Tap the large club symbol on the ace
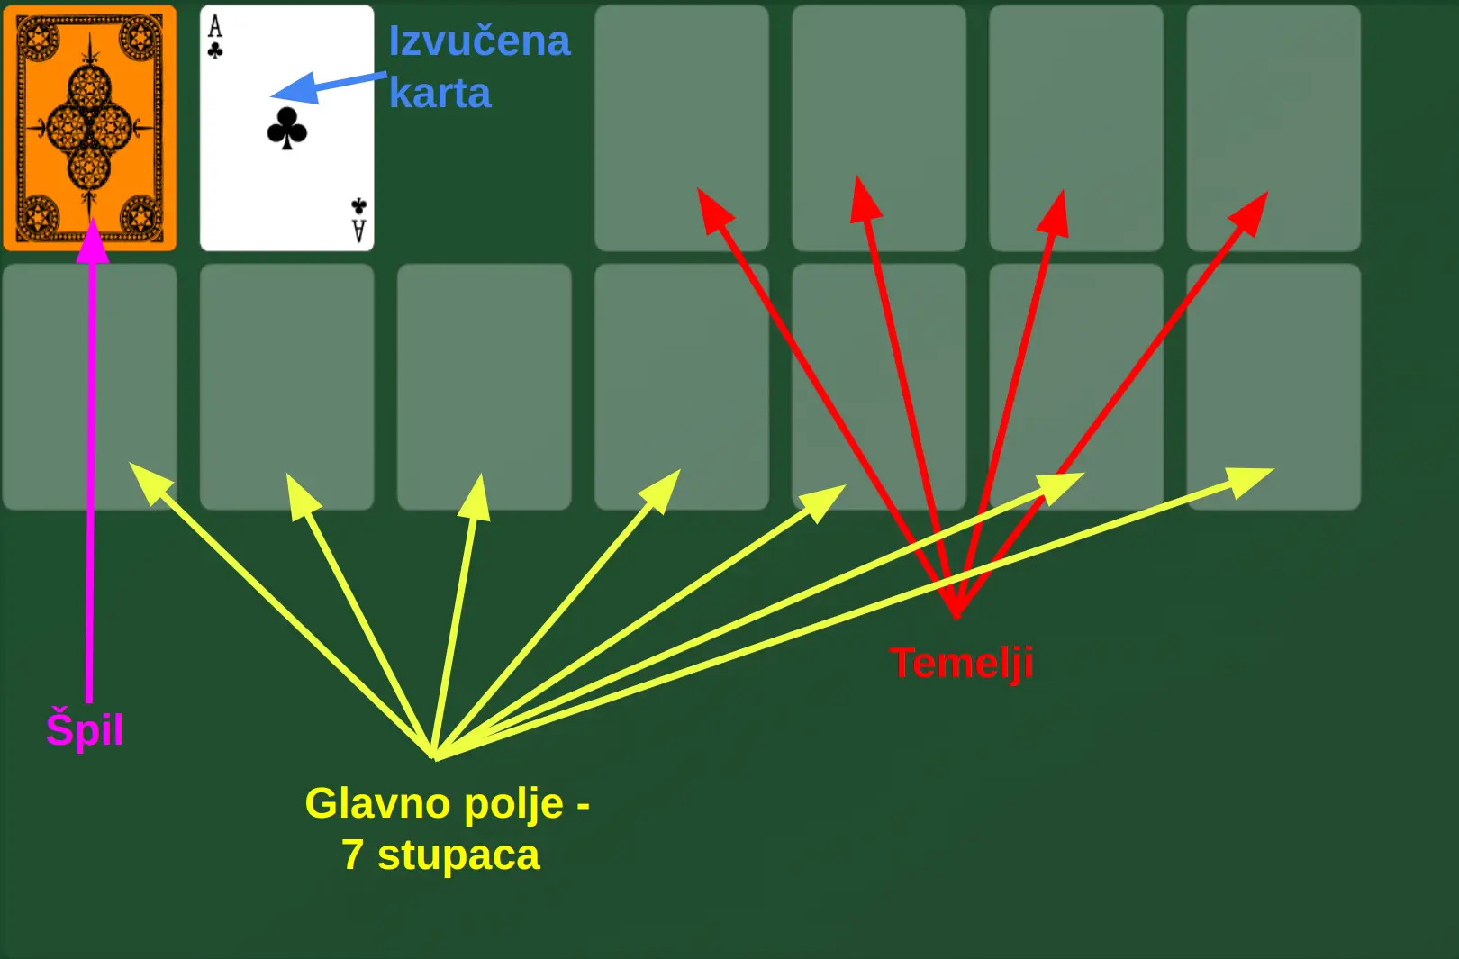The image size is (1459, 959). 286,128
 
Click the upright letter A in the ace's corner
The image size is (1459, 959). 214,26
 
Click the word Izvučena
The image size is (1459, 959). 479,41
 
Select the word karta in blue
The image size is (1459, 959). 440,94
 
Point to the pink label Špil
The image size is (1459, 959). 84,728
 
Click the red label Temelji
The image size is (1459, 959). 960,663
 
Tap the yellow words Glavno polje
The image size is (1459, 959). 435,803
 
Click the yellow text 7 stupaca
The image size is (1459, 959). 440,855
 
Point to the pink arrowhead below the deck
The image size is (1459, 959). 92,241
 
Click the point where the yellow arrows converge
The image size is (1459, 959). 434,755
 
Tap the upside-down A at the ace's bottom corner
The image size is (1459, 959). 358,231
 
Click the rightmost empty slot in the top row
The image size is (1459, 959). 1273,128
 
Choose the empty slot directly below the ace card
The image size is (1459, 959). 286,386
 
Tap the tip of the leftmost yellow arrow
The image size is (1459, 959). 132,466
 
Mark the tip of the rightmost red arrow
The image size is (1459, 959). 1265,195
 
